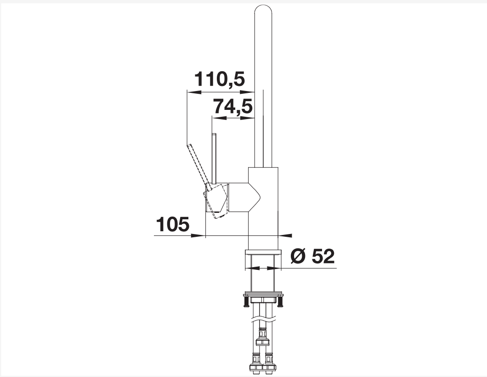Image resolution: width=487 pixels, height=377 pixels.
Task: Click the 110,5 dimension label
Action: [220, 79]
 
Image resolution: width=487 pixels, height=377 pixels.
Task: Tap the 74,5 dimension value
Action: [233, 107]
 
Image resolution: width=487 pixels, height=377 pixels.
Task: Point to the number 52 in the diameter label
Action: [323, 256]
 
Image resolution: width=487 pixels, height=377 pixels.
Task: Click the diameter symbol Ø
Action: [299, 256]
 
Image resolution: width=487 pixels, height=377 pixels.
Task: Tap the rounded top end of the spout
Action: [263, 9]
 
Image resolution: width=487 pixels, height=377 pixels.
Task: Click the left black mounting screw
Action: [246, 302]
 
